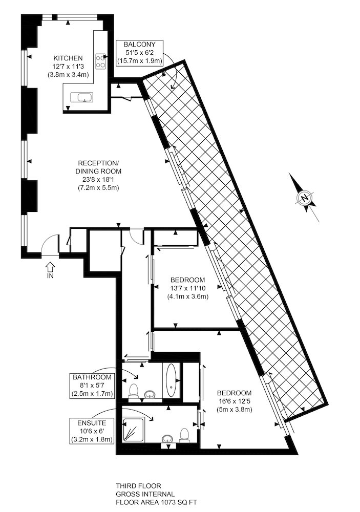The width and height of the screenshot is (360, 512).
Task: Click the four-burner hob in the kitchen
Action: tap(101, 62)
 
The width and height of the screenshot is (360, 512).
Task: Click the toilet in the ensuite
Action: tap(184, 435)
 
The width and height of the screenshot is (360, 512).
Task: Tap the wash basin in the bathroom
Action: tap(150, 395)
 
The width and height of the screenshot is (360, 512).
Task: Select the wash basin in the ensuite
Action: tap(167, 439)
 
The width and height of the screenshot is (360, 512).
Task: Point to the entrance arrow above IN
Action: tap(50, 266)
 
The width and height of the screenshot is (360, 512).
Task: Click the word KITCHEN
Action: tap(68, 58)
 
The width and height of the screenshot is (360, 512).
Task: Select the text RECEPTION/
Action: tap(97, 162)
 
